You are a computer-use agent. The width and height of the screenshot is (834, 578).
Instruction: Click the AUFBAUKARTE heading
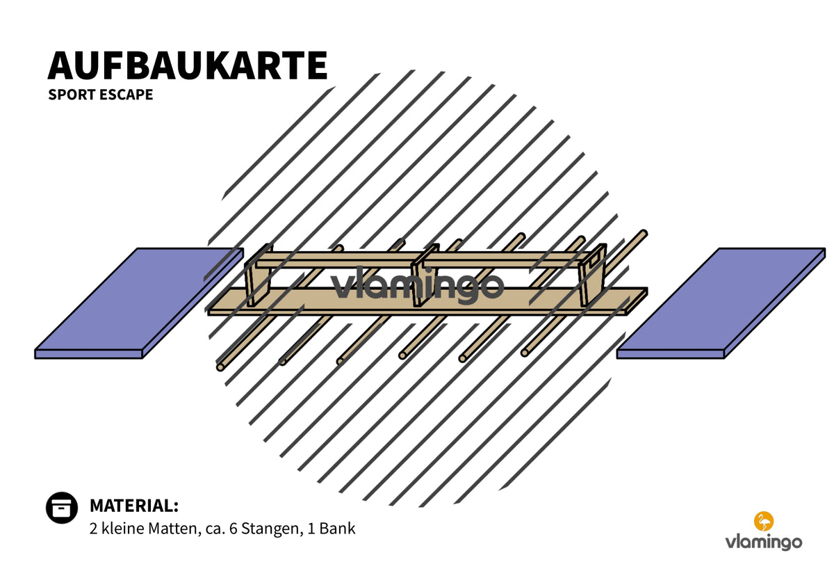[187, 65]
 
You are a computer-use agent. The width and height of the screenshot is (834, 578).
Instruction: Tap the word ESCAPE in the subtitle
[126, 95]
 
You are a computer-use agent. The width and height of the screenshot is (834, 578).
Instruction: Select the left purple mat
[139, 303]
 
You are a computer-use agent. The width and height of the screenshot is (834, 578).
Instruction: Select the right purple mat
[721, 303]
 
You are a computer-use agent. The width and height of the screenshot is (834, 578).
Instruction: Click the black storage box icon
[62, 508]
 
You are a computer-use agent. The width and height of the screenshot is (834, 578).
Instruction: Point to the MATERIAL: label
[134, 506]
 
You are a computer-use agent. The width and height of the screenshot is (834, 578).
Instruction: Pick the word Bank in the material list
[337, 529]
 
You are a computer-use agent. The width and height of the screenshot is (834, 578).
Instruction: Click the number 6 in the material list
[233, 529]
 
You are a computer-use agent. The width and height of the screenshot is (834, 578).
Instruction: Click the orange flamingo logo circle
[764, 522]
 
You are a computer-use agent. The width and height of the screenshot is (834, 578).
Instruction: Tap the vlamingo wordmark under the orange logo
[764, 543]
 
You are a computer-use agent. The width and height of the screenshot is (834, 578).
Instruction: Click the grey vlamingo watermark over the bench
[417, 284]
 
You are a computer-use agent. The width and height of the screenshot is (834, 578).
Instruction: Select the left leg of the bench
[258, 276]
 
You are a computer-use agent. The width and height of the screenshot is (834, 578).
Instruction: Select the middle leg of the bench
[424, 276]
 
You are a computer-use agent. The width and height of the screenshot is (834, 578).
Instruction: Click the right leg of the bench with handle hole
[591, 276]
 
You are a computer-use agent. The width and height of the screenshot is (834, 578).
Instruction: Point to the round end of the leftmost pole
[220, 367]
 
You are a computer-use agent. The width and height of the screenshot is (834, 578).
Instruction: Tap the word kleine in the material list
[122, 529]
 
